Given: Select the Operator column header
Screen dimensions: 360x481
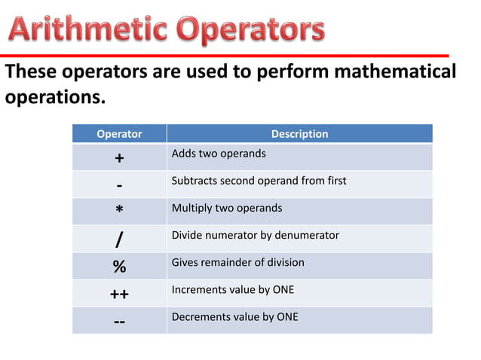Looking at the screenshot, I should pos(119,134).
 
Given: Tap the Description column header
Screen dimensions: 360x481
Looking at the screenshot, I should pos(299,134).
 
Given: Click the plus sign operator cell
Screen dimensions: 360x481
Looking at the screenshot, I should pos(119,158).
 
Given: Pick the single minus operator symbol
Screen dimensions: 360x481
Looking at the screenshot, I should pos(119,186).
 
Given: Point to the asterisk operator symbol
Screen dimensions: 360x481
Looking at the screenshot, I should pos(119,212).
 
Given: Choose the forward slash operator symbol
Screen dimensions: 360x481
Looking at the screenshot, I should pos(119,239).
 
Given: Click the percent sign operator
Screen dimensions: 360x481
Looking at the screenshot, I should pos(119,267).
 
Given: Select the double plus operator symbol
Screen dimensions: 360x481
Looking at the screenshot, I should pos(119,294).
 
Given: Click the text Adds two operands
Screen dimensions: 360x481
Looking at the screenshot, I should pos(219,154).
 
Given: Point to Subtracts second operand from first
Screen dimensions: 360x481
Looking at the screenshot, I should pos(259,181).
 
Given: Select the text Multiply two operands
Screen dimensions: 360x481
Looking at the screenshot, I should pos(227,208).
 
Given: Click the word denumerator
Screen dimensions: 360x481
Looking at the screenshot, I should pos(305,235).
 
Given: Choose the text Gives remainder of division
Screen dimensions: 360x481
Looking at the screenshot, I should pos(237,262).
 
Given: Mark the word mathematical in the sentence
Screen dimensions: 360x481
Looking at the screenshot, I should pos(395,72).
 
